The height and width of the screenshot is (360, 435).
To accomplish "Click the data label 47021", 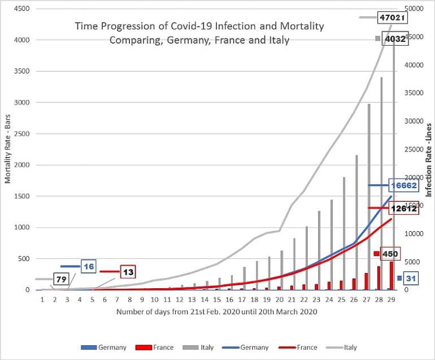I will pos(393,18).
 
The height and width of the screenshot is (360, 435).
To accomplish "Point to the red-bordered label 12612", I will pos(403,208).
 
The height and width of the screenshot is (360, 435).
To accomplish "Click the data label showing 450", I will pos(390,254).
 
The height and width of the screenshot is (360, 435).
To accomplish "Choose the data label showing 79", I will pos(61,279).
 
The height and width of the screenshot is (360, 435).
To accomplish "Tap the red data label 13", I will pos(128,272).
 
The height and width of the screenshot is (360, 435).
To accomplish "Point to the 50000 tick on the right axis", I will pos(416,9).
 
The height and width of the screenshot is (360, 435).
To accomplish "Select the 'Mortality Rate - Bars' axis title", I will pos(8,150).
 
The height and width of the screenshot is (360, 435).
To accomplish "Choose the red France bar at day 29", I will pos(391,276).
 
